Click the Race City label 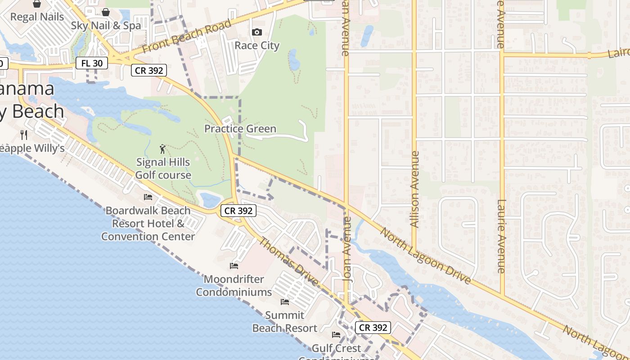point(257,45)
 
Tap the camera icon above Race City point(257,32)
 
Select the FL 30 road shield point(92,63)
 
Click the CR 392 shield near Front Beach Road point(149,70)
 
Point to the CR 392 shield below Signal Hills point(238,210)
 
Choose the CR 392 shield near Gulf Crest point(373,328)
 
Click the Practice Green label point(240,129)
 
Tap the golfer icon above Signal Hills point(162,148)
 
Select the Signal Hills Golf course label point(163,168)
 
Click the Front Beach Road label point(187,36)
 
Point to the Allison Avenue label point(414,189)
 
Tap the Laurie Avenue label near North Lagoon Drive point(501,236)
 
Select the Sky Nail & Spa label point(106,26)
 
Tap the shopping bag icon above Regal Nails point(37,4)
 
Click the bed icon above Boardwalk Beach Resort point(148,197)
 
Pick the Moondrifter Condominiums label point(234,285)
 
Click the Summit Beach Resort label point(284,321)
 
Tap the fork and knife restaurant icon point(24,135)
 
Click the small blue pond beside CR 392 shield point(210,199)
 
